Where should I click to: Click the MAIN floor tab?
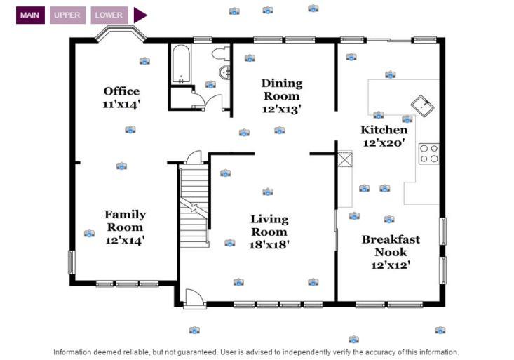click(30, 15)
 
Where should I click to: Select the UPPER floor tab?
click(68, 15)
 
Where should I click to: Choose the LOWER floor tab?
click(109, 15)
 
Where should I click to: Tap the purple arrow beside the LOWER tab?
click(140, 15)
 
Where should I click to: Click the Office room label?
click(122, 91)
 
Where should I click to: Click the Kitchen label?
click(384, 130)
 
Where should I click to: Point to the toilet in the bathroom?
click(220, 53)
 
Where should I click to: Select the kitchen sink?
click(422, 106)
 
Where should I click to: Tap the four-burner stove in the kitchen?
click(428, 154)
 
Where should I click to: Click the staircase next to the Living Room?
click(194, 204)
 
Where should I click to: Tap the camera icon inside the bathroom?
click(210, 85)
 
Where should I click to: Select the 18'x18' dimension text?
click(269, 245)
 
